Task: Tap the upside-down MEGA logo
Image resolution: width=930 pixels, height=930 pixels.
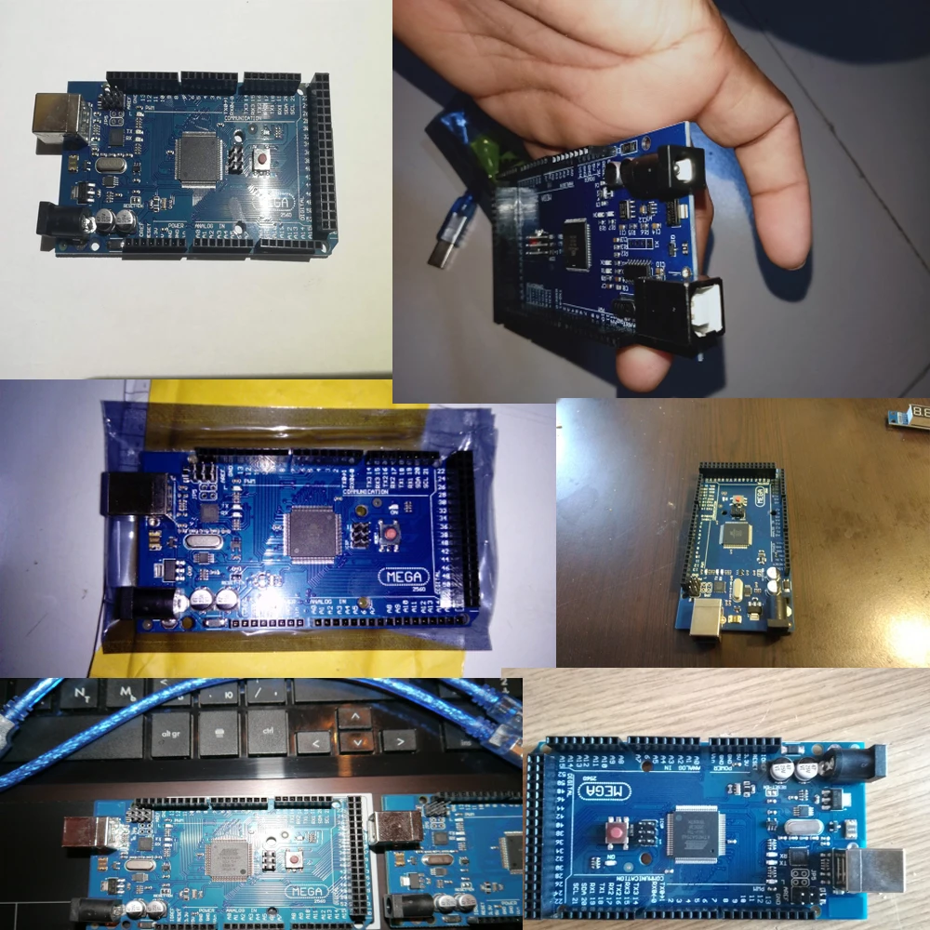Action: (606, 791)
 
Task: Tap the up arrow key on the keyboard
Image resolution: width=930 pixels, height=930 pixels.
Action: (354, 717)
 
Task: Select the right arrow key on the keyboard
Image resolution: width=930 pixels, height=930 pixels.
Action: (398, 741)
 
